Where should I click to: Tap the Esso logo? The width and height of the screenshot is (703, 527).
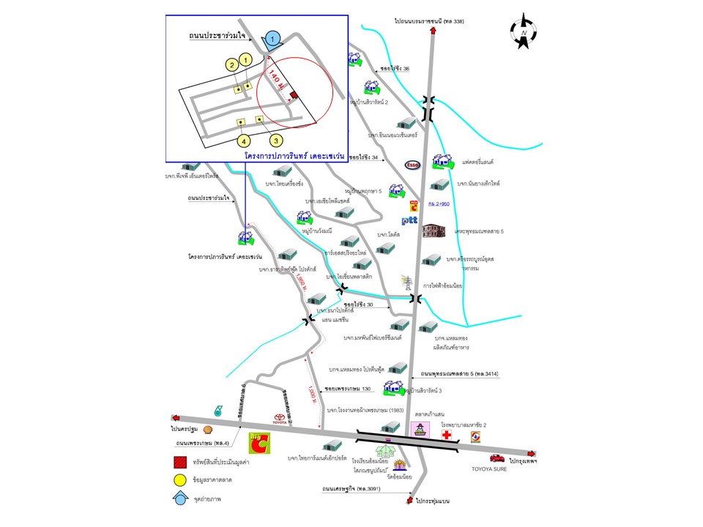412,165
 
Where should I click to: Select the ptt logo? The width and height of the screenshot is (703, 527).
409,220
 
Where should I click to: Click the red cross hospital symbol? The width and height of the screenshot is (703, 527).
447,435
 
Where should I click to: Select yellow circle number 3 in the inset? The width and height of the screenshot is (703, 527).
275,139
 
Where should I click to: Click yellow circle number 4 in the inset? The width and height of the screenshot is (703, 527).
243,140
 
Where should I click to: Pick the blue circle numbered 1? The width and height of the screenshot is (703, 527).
272,38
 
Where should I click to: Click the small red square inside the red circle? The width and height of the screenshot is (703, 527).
294,95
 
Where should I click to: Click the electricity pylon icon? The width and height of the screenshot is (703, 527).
405,282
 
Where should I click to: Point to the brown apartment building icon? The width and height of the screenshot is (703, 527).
434,231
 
